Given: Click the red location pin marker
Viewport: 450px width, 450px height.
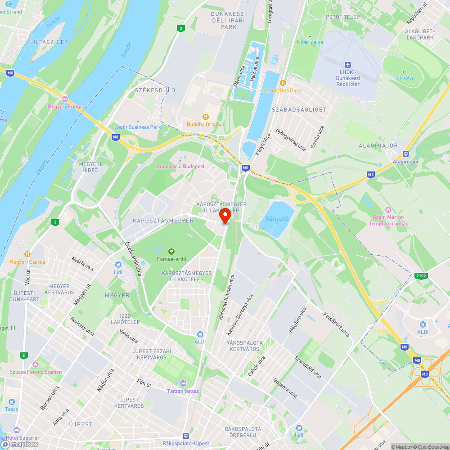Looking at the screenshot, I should (x=225, y=216).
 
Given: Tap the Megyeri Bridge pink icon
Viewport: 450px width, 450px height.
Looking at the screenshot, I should (x=65, y=99).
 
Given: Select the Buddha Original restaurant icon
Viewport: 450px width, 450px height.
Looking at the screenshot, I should (x=206, y=117).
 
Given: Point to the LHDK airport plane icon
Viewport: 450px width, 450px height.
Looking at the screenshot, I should (x=347, y=65).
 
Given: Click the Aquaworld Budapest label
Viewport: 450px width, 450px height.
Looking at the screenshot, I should (x=180, y=166).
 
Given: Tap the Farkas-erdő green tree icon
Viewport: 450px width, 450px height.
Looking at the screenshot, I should (x=171, y=251).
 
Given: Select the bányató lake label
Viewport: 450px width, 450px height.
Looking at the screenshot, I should (x=276, y=220).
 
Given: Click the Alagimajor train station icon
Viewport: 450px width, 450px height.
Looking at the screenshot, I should (x=406, y=153).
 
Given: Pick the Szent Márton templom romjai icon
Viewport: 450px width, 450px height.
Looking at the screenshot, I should (x=388, y=210).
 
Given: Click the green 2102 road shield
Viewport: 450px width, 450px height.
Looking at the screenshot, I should (x=421, y=275).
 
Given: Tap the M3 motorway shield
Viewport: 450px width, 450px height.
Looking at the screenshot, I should (x=425, y=374).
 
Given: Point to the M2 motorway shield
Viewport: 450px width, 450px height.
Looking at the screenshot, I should (x=371, y=175).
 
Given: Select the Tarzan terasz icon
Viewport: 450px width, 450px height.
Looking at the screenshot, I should (x=183, y=383).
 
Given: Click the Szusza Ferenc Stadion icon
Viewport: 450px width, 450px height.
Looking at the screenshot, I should (x=36, y=364).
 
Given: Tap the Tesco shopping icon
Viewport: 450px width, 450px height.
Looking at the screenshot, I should (x=12, y=401).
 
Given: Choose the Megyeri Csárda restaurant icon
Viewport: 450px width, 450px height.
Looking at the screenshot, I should (x=27, y=254).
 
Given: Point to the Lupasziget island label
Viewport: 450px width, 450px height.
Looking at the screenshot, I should (x=49, y=42).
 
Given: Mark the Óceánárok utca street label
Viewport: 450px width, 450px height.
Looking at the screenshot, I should (x=133, y=258).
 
